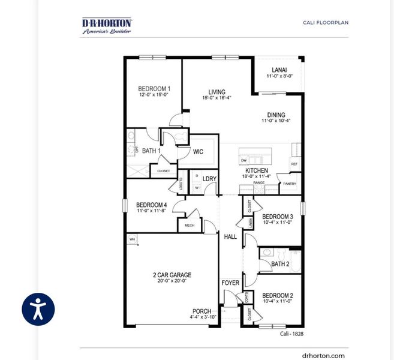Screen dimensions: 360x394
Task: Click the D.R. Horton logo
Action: (107, 26)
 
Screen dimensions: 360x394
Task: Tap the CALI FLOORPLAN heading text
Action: (325, 23)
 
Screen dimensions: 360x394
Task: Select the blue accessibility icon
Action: (38, 310)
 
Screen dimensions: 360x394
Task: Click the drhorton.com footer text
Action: (323, 355)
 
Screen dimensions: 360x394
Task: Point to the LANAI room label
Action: (279, 70)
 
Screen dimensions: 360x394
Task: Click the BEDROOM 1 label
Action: (154, 89)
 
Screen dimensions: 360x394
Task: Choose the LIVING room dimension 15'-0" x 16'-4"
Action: (216, 98)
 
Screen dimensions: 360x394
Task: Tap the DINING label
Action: (276, 115)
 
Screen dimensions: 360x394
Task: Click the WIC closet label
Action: (198, 152)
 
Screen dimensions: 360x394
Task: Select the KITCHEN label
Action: (257, 170)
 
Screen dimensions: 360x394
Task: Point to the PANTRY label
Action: (290, 184)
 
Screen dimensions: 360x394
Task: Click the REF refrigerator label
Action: (294, 164)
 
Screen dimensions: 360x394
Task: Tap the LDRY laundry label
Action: (209, 179)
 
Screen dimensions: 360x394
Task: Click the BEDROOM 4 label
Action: (151, 205)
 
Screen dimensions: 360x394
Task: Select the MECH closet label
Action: (190, 226)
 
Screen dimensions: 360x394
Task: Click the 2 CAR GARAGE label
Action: (172, 275)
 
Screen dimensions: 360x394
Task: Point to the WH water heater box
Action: (131, 239)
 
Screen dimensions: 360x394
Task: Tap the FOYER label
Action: (230, 283)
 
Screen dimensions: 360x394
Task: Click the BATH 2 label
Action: (280, 264)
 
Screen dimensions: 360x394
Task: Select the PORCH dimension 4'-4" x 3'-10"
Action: (201, 317)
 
